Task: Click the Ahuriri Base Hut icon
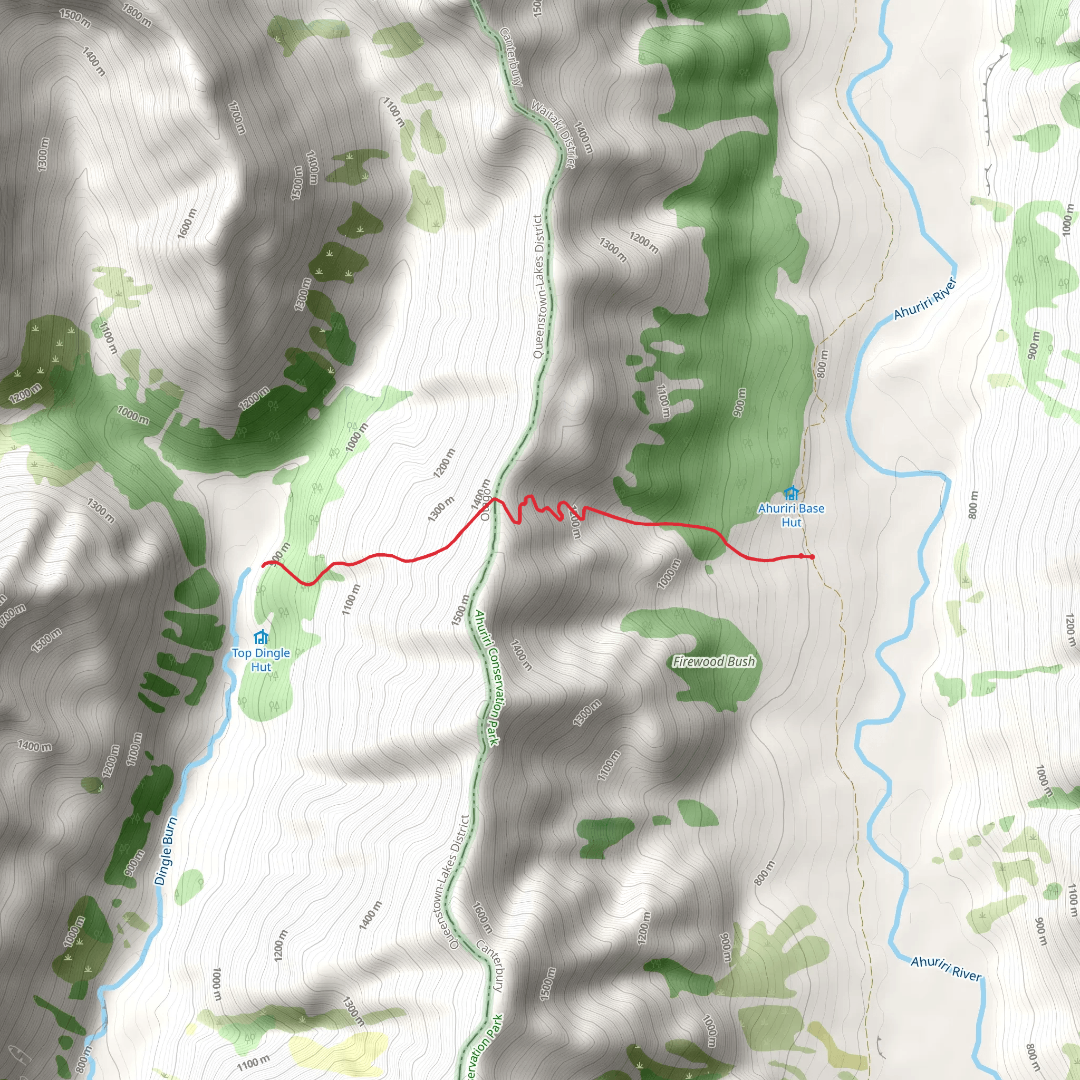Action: click(790, 493)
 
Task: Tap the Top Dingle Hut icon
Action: click(261, 637)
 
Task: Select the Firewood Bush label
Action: click(713, 662)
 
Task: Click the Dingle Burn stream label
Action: click(166, 851)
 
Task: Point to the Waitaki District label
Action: click(553, 133)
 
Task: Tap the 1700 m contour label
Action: click(237, 118)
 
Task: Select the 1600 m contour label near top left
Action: click(187, 224)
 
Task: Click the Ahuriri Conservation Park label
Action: click(486, 678)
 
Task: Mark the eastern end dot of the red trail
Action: click(812, 557)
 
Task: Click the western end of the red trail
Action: click(263, 566)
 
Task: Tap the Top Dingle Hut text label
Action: click(261, 660)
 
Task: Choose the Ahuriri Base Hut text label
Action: click(791, 515)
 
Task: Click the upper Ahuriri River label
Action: click(925, 298)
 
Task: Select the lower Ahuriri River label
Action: click(946, 969)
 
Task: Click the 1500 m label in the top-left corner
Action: click(75, 18)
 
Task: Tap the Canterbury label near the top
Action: click(510, 56)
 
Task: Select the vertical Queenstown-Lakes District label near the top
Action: click(538, 286)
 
